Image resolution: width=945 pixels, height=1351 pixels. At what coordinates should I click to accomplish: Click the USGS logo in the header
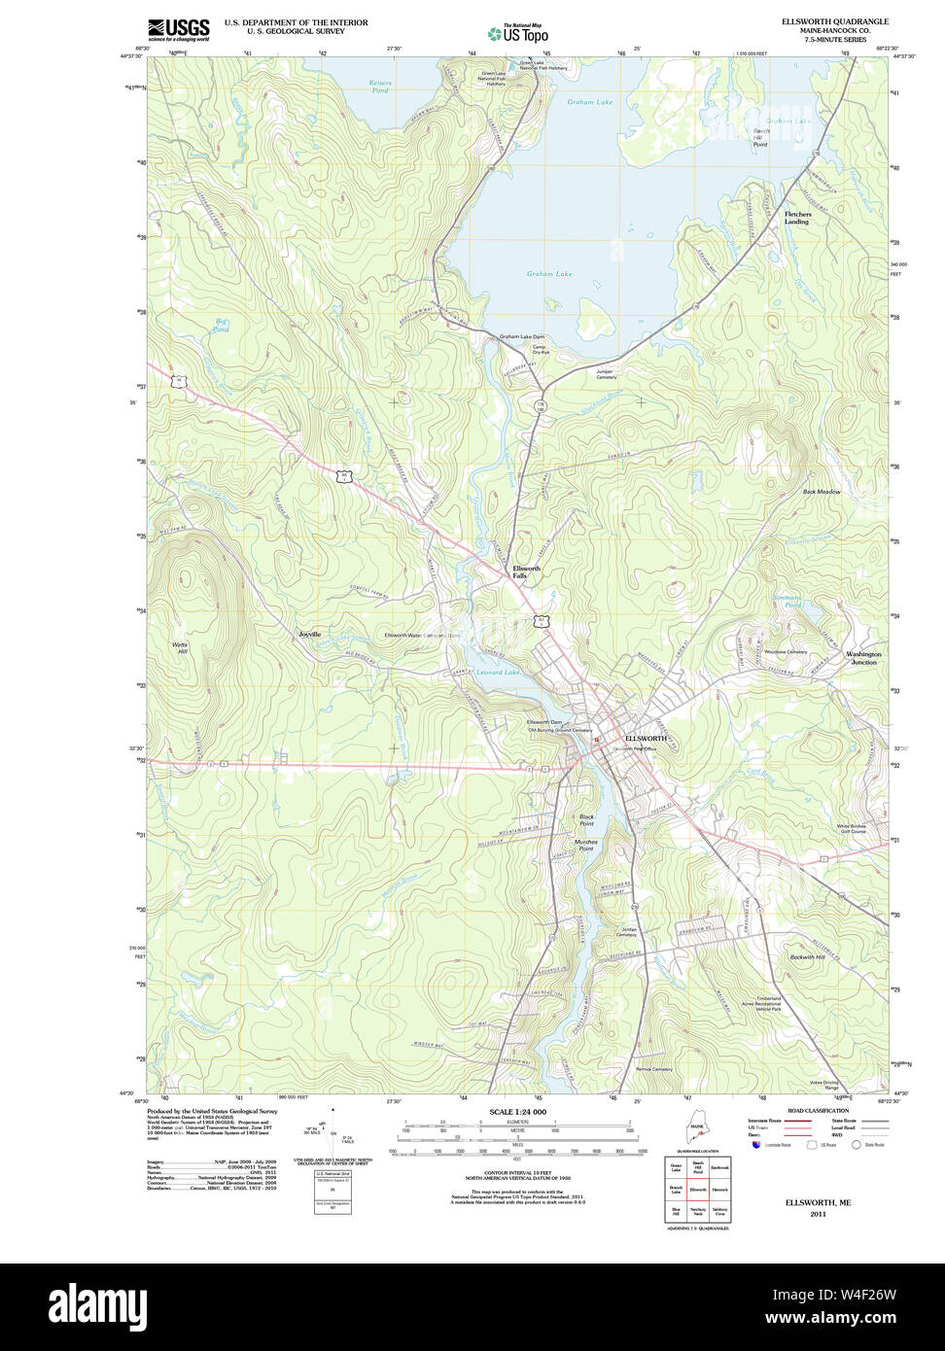click(x=178, y=29)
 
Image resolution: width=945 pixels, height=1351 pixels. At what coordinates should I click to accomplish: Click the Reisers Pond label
click(x=380, y=87)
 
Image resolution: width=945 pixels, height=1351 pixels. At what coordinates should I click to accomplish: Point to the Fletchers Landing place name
click(x=797, y=218)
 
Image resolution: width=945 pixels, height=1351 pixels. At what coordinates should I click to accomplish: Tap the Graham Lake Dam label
click(x=521, y=337)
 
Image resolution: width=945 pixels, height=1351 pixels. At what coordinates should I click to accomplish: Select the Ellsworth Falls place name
click(x=526, y=572)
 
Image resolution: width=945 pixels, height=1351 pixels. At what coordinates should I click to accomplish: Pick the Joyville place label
click(x=309, y=634)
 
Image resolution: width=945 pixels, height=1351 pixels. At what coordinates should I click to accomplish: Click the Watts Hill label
click(x=180, y=648)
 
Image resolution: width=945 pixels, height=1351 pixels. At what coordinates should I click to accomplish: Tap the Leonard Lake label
click(x=498, y=673)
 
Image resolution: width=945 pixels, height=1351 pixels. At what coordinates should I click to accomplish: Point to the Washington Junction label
click(x=863, y=658)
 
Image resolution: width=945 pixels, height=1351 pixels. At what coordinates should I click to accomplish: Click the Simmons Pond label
click(x=787, y=601)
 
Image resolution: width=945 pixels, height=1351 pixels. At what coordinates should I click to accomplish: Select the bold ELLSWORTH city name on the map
click(x=646, y=739)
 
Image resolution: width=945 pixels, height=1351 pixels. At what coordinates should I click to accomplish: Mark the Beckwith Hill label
click(x=807, y=957)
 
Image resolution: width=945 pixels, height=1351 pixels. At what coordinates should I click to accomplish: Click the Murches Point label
click(x=585, y=845)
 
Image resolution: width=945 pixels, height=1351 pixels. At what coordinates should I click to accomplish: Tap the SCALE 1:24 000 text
click(x=517, y=1112)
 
